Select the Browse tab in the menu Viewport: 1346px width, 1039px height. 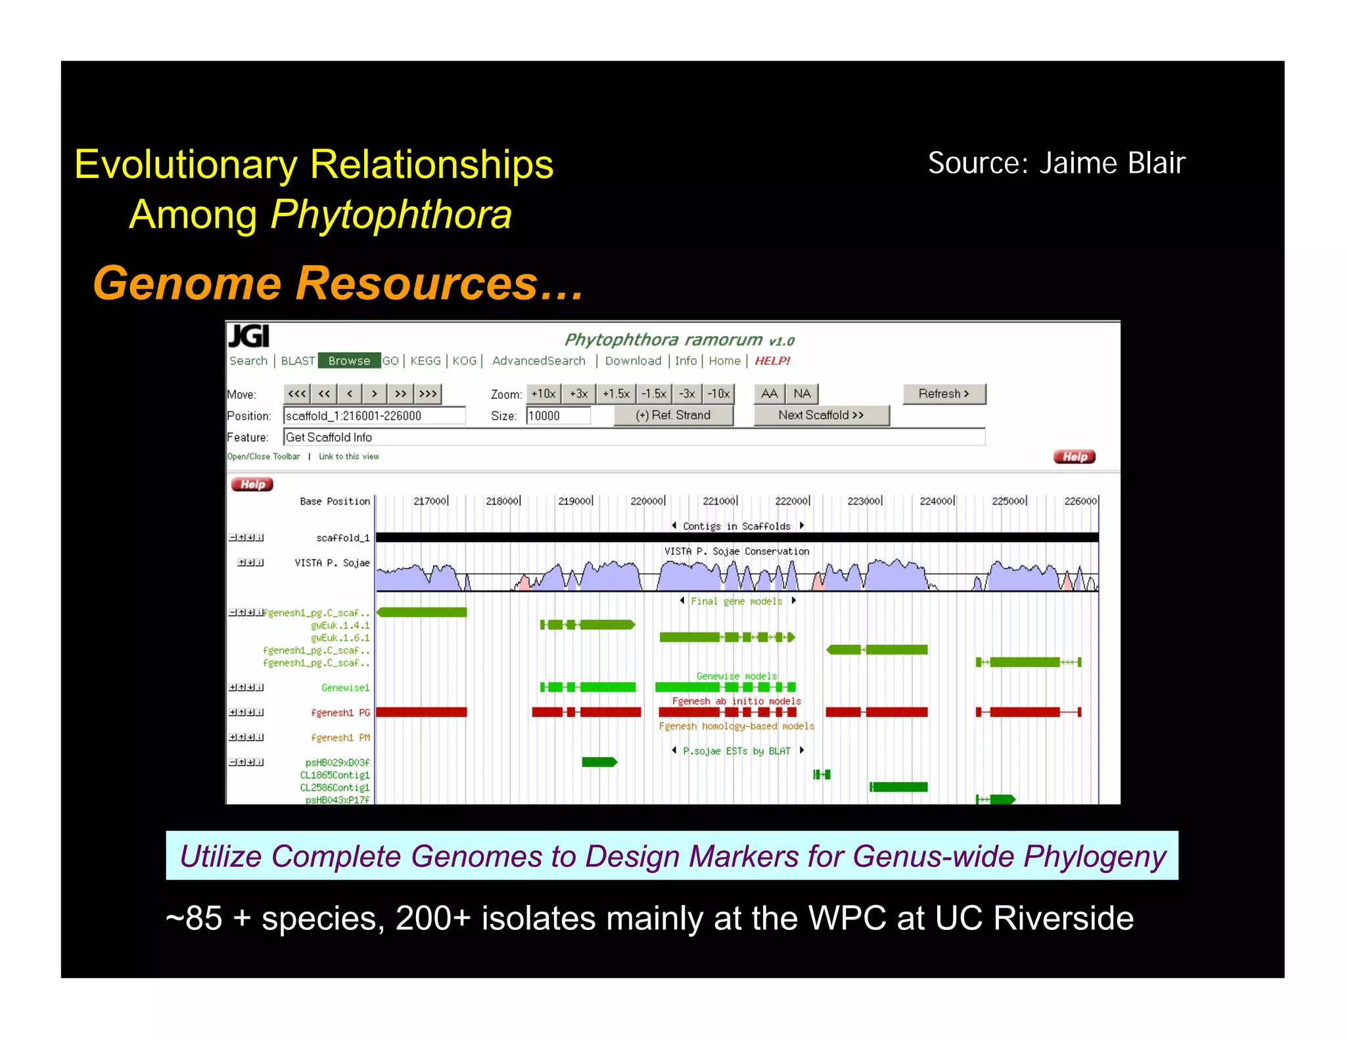pos(349,361)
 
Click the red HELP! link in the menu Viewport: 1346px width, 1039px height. pos(772,361)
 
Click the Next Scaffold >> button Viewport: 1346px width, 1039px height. pos(821,415)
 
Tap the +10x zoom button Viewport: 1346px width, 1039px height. pos(544,393)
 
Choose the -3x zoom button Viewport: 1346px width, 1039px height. pos(687,393)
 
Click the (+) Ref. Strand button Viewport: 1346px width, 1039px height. pos(673,415)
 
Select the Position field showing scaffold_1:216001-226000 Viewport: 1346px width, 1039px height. pos(374,416)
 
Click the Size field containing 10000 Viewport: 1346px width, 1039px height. pos(558,416)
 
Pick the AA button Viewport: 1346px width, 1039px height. pos(769,393)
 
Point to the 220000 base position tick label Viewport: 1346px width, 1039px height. pos(647,501)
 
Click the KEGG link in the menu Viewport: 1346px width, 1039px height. pos(425,361)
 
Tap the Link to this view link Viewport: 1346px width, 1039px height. pos(348,456)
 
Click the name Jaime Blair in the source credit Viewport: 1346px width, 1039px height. pos(1112,163)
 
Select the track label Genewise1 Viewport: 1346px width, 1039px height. pos(345,688)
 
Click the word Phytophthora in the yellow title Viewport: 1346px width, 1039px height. pos(391,214)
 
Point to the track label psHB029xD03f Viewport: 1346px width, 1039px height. pos(337,763)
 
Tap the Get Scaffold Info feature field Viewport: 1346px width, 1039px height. pos(634,437)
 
